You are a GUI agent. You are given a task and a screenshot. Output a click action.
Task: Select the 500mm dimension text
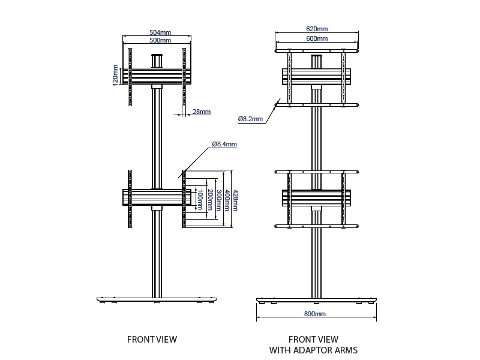point(158,41)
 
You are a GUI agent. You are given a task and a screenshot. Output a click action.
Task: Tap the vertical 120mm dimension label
point(115,76)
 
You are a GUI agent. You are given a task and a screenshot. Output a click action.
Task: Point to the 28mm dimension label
point(202,112)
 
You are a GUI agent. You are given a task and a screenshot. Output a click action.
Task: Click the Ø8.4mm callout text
point(224,144)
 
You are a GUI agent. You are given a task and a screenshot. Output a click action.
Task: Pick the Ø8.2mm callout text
point(250,119)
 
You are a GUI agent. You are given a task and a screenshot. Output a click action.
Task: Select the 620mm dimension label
point(317,29)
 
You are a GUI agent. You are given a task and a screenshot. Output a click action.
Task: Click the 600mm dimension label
point(317,38)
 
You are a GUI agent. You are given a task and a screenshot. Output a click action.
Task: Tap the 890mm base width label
point(316,314)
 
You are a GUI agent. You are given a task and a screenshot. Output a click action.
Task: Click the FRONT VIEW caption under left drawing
point(152,340)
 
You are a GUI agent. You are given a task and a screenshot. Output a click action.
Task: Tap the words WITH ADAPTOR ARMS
point(313,350)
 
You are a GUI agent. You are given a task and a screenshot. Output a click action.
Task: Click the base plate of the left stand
point(157,299)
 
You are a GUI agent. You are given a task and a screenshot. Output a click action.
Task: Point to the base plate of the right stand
point(316,299)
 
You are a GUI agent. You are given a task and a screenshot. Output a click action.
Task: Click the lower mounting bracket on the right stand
point(316,198)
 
